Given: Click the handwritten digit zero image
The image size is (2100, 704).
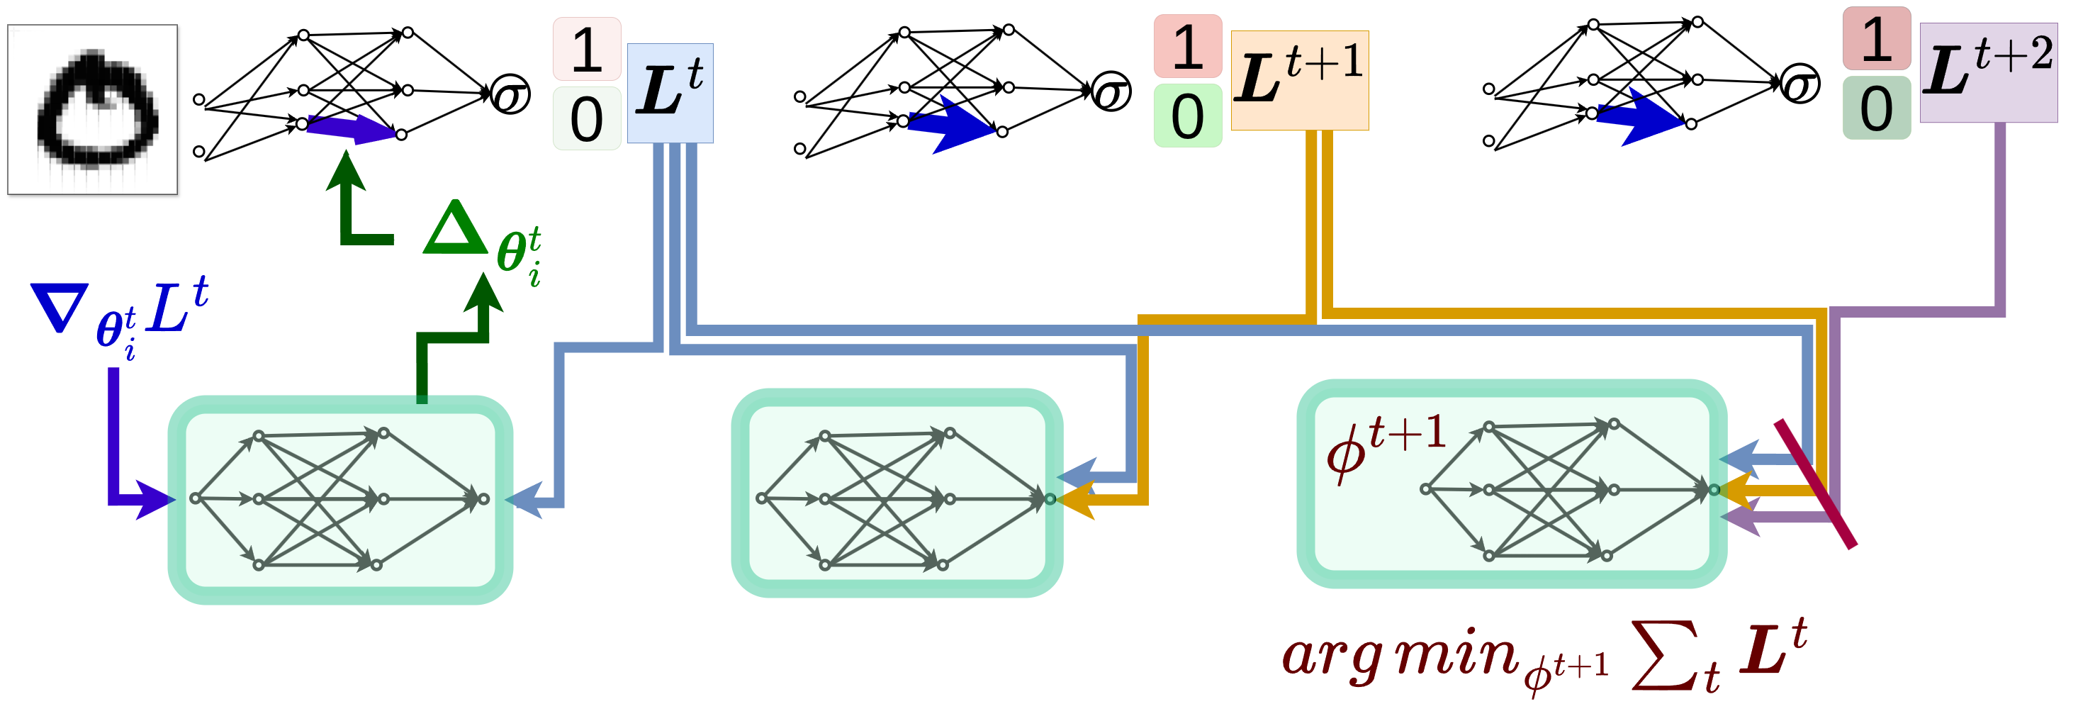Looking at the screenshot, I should coord(93,109).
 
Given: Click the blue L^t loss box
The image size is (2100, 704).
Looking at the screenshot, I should coord(669,93).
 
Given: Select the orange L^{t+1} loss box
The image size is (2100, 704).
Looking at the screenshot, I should coord(1298,80).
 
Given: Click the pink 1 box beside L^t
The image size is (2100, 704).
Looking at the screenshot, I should coord(587,49).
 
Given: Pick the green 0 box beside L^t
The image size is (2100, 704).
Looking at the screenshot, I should coord(587,118).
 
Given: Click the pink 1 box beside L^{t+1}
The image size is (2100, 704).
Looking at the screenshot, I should coord(1187,45).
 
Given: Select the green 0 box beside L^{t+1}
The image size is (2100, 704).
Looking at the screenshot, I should coord(1187,115).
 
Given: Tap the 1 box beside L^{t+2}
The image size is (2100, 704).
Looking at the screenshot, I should coord(1876,38).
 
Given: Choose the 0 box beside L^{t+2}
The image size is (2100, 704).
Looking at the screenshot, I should coord(1876,108).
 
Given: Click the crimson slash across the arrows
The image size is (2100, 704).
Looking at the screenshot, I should coord(1816,484).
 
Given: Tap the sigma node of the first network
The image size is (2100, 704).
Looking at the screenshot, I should coord(511,94).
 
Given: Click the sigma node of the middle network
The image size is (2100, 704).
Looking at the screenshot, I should coord(1111,91).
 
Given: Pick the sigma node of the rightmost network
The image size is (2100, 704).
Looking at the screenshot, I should coord(1800,84).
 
